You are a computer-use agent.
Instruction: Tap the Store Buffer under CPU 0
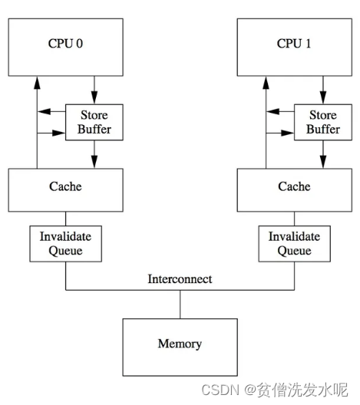click(x=94, y=122)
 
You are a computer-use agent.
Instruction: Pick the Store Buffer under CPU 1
click(x=322, y=122)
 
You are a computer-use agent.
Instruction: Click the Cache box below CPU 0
click(x=65, y=188)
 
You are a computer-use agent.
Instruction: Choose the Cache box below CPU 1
click(x=294, y=188)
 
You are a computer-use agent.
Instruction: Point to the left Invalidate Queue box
click(x=65, y=243)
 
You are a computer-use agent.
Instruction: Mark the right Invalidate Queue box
click(x=294, y=243)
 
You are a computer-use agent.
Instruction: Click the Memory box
click(x=180, y=344)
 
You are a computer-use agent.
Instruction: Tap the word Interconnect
click(x=180, y=279)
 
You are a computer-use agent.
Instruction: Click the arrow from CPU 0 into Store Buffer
click(x=94, y=88)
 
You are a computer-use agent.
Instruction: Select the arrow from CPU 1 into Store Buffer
click(x=322, y=88)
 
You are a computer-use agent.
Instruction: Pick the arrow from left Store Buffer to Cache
click(x=94, y=155)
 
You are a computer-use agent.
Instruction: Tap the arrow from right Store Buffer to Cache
click(x=322, y=155)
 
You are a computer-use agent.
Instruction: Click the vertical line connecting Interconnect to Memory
click(x=180, y=304)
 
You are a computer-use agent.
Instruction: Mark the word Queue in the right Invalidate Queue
click(x=294, y=250)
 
